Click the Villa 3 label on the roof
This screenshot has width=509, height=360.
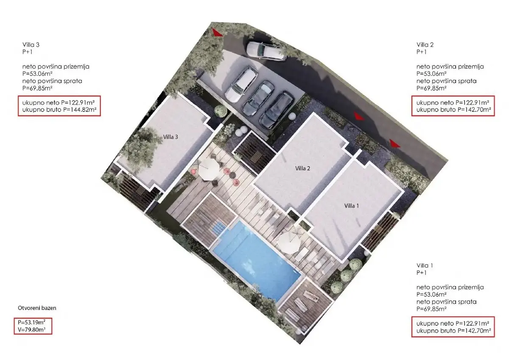pyautogui.click(x=171, y=137)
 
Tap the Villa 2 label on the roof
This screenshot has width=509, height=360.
pyautogui.click(x=302, y=168)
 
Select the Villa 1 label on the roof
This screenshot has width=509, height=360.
pyautogui.click(x=352, y=206)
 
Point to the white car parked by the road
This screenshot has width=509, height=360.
pyautogui.click(x=266, y=51)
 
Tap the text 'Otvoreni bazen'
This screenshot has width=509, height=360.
pyautogui.click(x=37, y=308)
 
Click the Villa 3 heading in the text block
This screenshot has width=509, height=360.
pyautogui.click(x=31, y=45)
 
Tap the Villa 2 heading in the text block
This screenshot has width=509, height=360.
pyautogui.click(x=425, y=45)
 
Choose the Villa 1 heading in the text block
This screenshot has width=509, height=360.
pyautogui.click(x=425, y=265)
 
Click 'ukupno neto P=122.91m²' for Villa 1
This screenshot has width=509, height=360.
pyautogui.click(x=453, y=324)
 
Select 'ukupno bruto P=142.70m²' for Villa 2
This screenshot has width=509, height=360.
pyautogui.click(x=453, y=110)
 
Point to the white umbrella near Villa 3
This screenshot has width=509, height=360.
pyautogui.click(x=209, y=170)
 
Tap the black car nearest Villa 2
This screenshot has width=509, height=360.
pyautogui.click(x=277, y=110)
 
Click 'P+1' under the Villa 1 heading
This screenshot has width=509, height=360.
pyautogui.click(x=422, y=273)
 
